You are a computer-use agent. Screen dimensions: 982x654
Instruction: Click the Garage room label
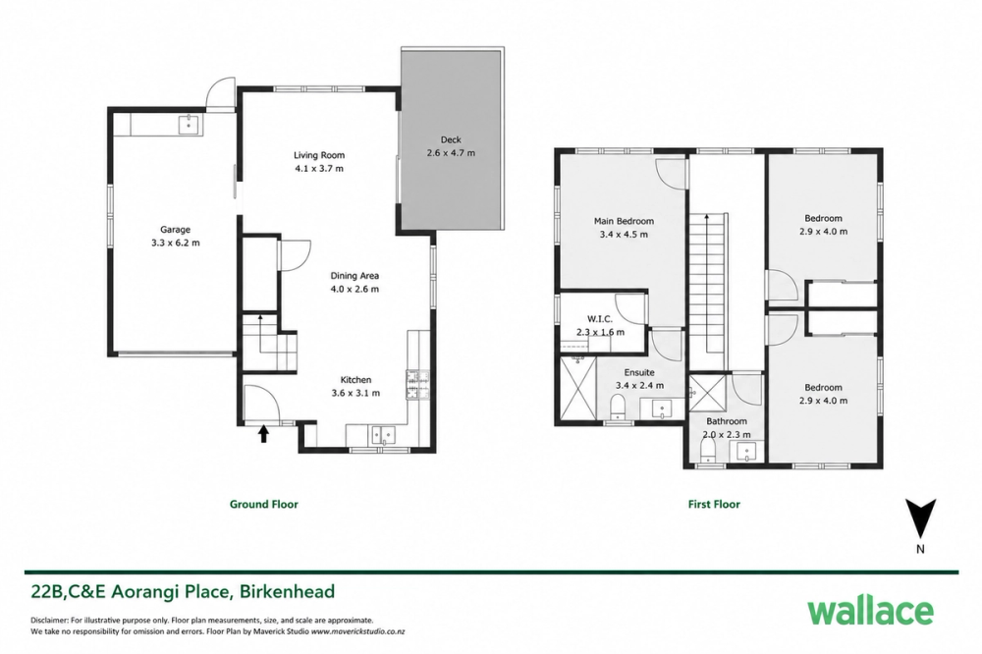point(175,230)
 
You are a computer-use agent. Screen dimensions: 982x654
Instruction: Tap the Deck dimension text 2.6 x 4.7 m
point(451,153)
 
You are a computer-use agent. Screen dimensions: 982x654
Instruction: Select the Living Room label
point(319,155)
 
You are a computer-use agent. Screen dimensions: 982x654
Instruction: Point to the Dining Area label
point(355,276)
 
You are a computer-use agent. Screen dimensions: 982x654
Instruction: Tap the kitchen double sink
point(382,434)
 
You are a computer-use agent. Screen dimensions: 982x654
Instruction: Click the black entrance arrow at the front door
point(263,434)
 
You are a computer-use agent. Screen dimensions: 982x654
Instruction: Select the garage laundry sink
point(188,125)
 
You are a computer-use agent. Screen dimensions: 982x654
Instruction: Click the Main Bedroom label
point(624,221)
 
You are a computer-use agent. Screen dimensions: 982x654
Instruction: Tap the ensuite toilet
point(618,407)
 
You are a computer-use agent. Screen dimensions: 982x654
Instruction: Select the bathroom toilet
point(707,450)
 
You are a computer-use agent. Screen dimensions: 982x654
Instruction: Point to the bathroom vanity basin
point(748,452)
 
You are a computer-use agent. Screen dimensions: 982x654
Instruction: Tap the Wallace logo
point(870,611)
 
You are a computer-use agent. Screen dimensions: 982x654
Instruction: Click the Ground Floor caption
point(263,505)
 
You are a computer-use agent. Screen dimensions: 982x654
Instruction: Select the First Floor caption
point(714,505)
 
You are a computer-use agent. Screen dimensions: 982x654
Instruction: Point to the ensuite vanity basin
point(661,409)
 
